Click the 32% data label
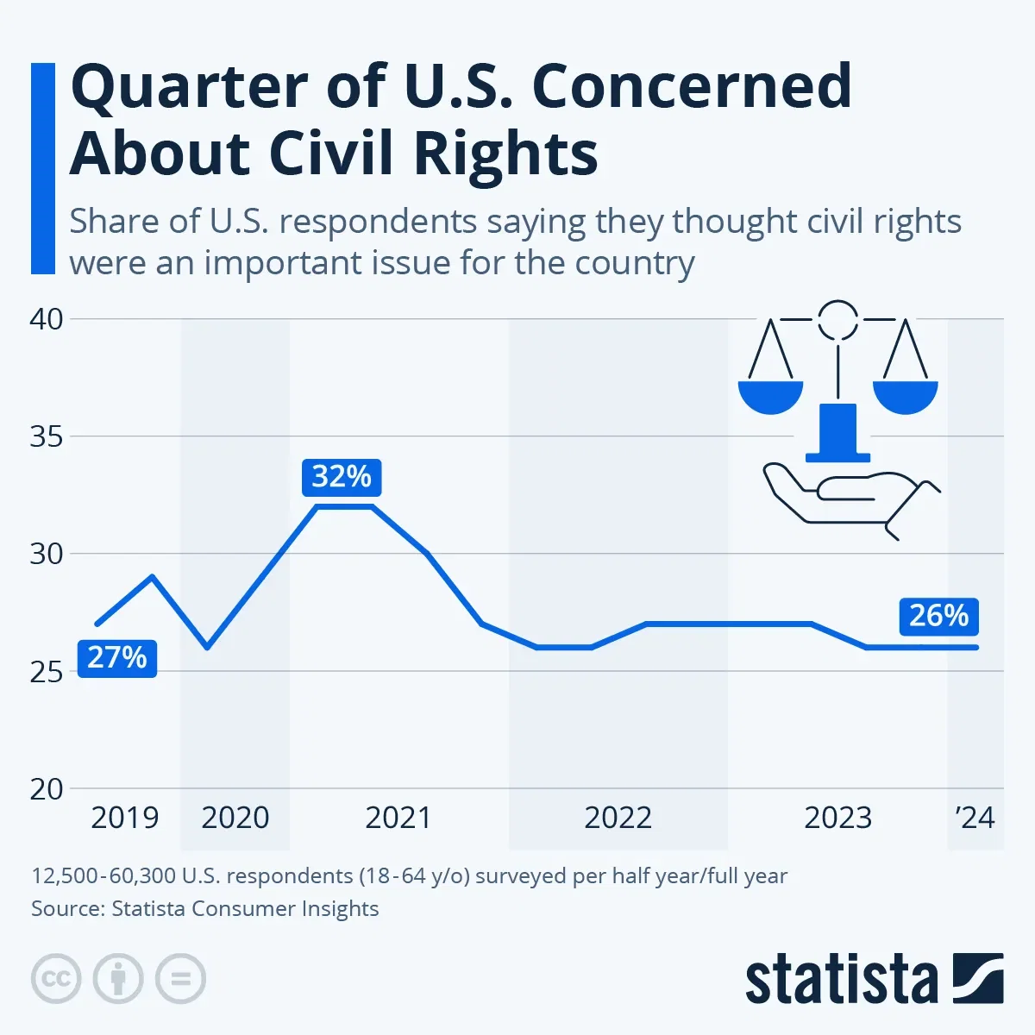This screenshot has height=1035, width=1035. tap(342, 477)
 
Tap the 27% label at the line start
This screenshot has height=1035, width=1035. tap(117, 658)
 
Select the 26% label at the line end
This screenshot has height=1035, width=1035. tap(938, 616)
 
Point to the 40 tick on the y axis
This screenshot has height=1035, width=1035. tap(47, 319)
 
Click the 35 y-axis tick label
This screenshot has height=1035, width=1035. tap(47, 436)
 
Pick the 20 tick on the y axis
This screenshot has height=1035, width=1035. tap(47, 788)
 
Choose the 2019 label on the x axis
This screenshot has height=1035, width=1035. tap(125, 818)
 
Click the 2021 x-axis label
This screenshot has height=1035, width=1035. tap(398, 818)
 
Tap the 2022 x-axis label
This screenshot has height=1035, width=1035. tap(618, 818)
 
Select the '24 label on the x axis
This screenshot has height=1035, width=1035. tap(975, 818)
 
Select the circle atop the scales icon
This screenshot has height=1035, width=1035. tap(837, 319)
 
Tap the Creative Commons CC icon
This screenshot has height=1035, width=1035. tap(56, 979)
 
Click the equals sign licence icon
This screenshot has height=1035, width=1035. tap(181, 979)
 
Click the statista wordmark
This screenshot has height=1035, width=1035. tap(841, 980)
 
